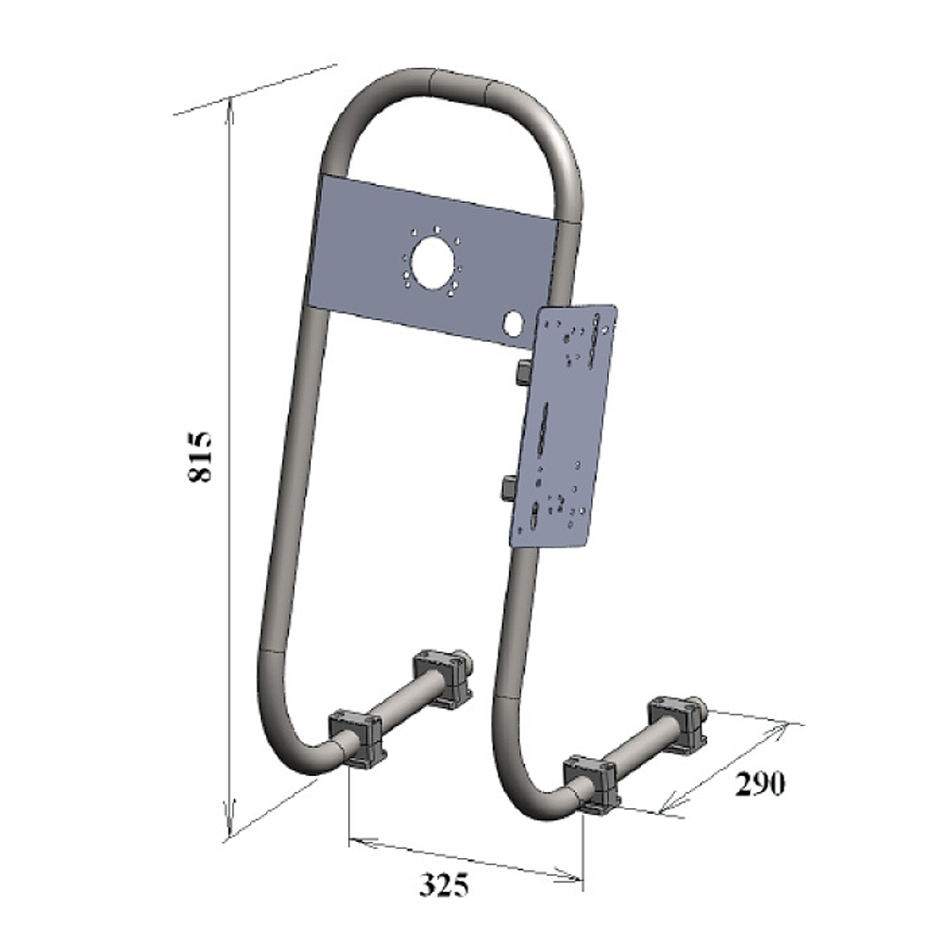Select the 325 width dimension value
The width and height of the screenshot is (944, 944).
pos(444,885)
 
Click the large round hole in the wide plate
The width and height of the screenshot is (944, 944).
pos(431,261)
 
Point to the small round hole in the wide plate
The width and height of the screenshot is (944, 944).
pos(514,323)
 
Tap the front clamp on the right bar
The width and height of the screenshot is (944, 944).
pos(592,782)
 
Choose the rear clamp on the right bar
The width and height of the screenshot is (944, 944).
pos(677,722)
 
